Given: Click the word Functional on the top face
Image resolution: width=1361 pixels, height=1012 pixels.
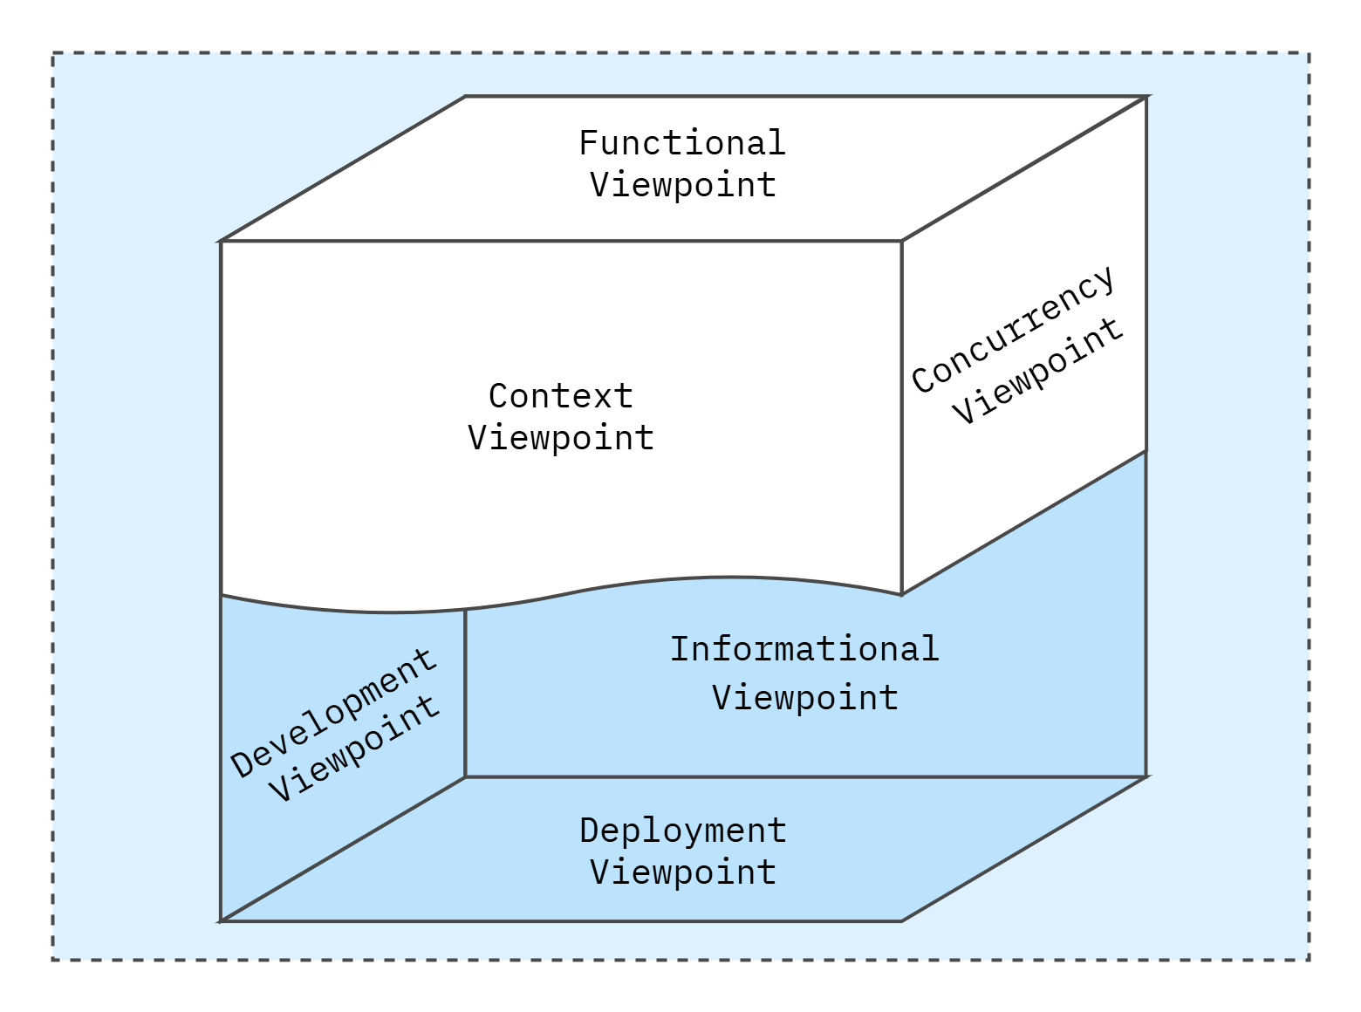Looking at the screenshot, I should [x=682, y=143].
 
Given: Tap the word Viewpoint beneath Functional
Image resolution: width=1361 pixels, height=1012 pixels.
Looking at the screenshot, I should [x=682, y=185].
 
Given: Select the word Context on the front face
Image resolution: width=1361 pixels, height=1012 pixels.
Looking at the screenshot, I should [x=560, y=396].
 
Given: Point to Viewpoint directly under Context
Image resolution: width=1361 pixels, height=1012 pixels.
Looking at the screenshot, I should [x=560, y=438].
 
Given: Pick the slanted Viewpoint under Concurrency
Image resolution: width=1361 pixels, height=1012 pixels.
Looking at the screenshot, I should [x=1037, y=371].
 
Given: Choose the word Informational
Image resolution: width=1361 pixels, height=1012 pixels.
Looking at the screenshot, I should [x=804, y=649].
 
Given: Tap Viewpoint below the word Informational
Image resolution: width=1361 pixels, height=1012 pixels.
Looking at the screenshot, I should [x=804, y=698].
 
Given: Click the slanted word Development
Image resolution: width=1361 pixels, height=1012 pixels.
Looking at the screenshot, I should [x=333, y=713].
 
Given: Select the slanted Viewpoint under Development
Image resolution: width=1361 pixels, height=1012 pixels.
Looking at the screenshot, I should [x=354, y=749].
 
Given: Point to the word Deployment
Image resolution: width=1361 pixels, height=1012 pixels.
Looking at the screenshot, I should [x=682, y=831].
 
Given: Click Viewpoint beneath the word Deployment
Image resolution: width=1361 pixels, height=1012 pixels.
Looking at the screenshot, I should [x=682, y=872].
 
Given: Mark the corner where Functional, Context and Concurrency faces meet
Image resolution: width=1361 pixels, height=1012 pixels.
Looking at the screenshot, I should [x=901, y=241].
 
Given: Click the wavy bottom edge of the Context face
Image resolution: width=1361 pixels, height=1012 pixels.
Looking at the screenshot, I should [x=558, y=596].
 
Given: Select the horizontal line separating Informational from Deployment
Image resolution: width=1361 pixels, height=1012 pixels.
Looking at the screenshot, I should [x=803, y=776].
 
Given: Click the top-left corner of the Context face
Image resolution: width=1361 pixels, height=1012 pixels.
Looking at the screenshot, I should [x=221, y=241].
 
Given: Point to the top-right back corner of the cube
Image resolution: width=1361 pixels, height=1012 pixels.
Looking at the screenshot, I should [x=1146, y=97].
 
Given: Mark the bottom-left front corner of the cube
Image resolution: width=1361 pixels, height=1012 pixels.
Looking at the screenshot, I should [x=221, y=920].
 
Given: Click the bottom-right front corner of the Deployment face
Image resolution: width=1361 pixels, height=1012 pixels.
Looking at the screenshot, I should [x=901, y=920].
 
